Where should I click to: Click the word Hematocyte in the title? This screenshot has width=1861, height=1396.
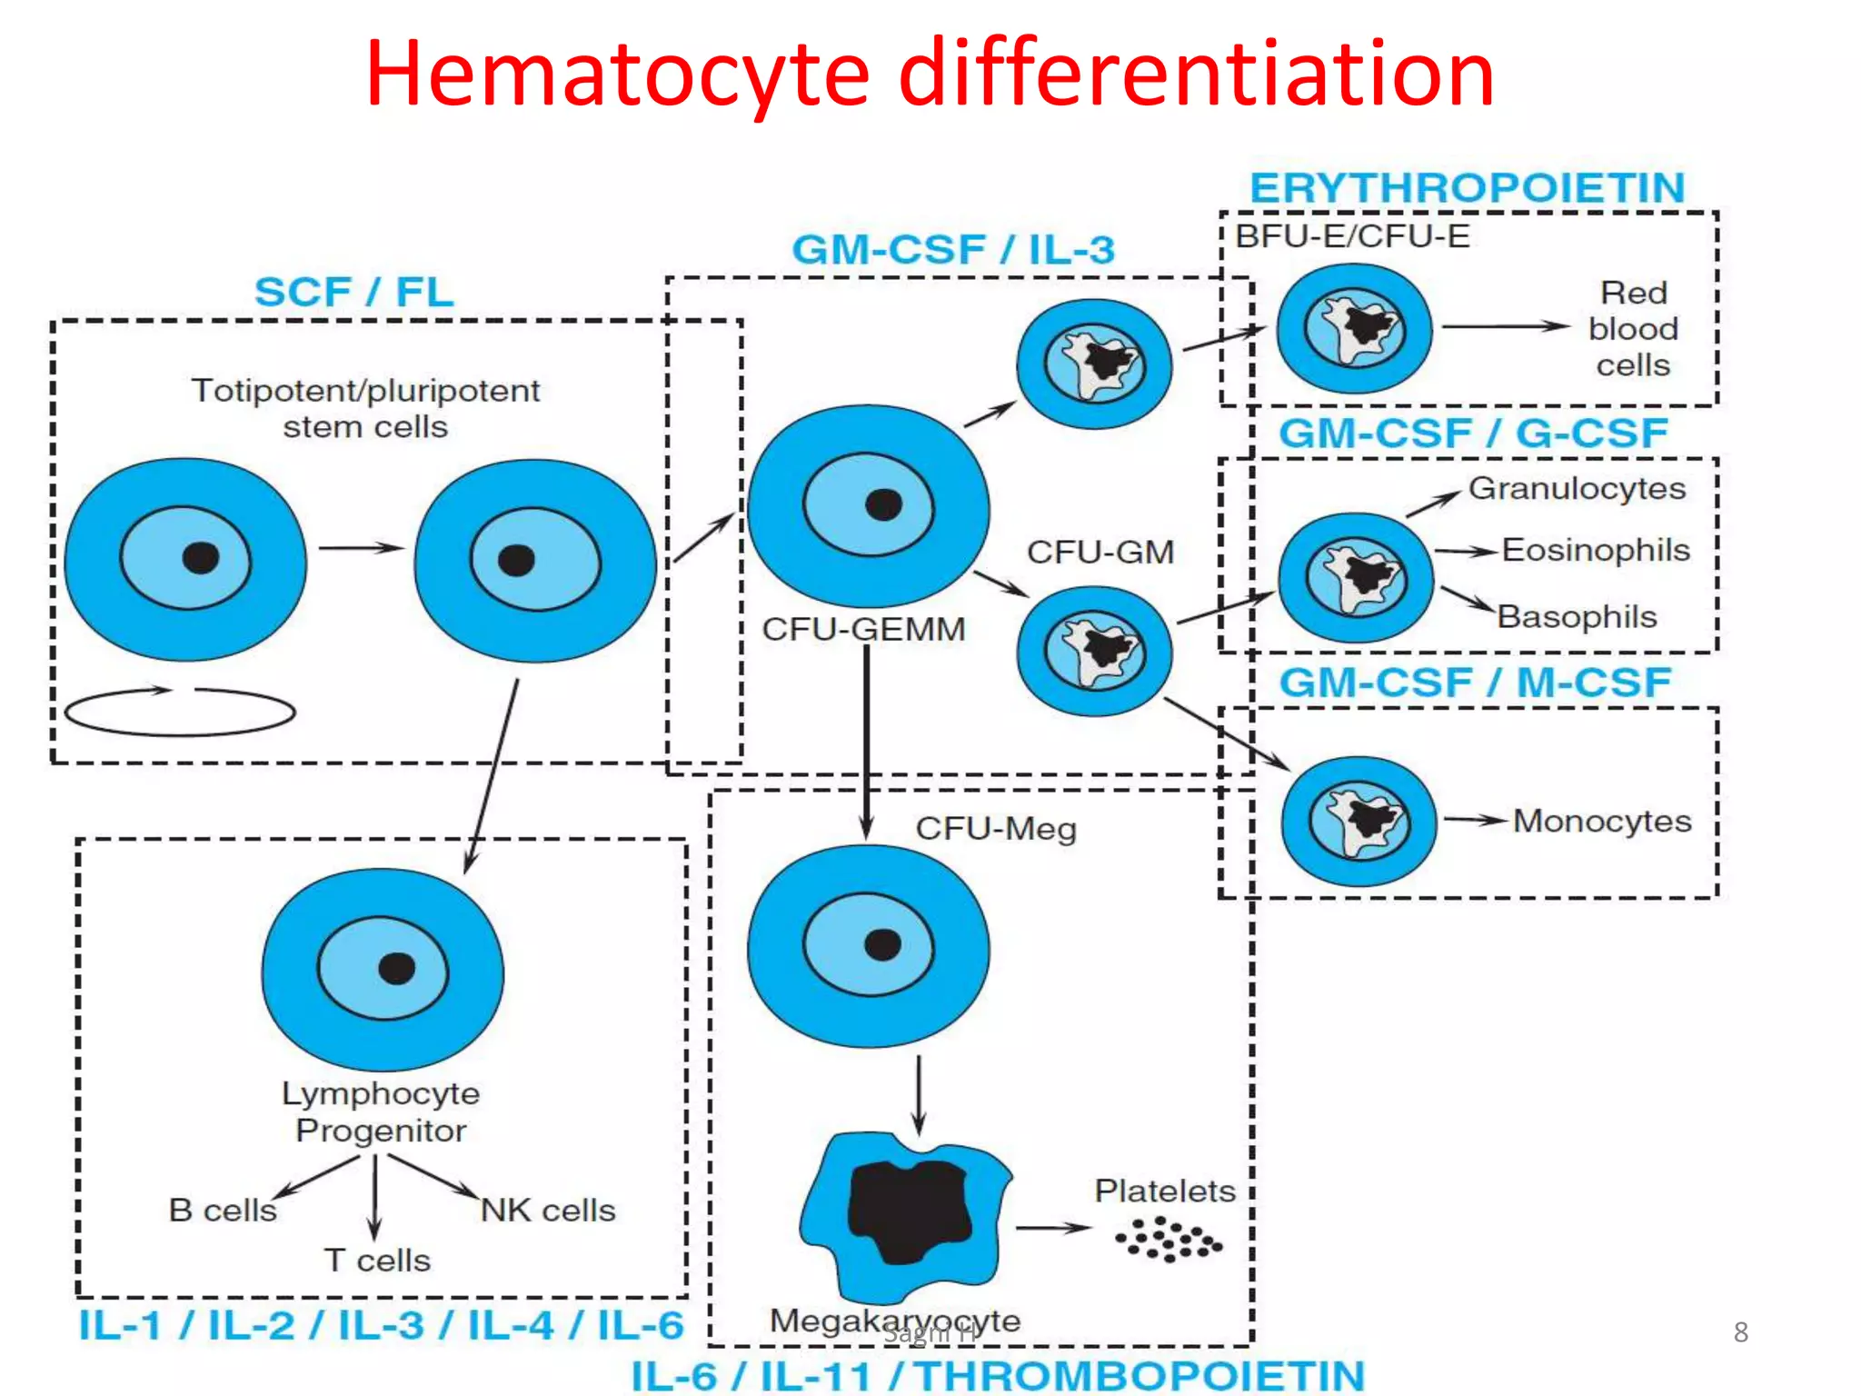tap(618, 75)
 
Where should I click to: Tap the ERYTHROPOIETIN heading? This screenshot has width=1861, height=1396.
tap(1467, 188)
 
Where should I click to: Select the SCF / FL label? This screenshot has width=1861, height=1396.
tap(353, 293)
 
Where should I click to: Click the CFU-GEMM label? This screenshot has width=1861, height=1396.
tap(862, 629)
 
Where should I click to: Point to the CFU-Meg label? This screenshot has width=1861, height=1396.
tap(995, 828)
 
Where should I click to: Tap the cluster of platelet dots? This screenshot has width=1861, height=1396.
tap(1169, 1240)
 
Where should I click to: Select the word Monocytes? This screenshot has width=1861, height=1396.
tap(1601, 821)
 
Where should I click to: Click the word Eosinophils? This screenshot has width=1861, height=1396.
tap(1595, 550)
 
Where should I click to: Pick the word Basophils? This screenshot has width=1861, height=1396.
tap(1577, 616)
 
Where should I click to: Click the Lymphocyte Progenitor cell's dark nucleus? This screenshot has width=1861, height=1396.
tap(396, 969)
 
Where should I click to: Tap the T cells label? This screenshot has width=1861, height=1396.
tap(376, 1261)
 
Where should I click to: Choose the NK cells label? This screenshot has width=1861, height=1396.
tap(547, 1211)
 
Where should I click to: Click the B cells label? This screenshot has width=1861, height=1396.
tap(223, 1211)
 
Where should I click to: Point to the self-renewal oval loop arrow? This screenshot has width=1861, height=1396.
tap(180, 712)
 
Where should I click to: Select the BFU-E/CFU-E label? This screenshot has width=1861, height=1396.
tap(1352, 236)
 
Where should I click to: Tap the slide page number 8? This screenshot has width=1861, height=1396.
tap(1740, 1332)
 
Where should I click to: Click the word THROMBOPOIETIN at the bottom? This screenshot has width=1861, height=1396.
tap(1139, 1375)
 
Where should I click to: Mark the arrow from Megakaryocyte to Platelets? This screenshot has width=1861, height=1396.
tap(1052, 1228)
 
